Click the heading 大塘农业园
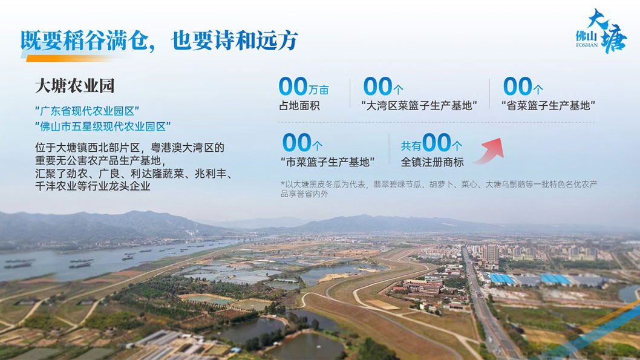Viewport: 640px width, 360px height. pos(74,86)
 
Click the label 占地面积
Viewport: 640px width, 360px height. pos(299,106)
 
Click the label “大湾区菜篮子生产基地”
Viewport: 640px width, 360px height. pos(419,106)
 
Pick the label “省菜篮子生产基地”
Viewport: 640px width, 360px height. pos(548,106)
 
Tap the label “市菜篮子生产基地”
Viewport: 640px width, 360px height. pos(327,162)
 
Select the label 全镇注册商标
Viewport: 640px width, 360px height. pos(432,162)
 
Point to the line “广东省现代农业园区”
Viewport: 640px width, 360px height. pos(87,111)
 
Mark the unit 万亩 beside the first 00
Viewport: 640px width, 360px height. pos(319,90)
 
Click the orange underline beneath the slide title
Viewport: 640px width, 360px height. pos(73,59)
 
